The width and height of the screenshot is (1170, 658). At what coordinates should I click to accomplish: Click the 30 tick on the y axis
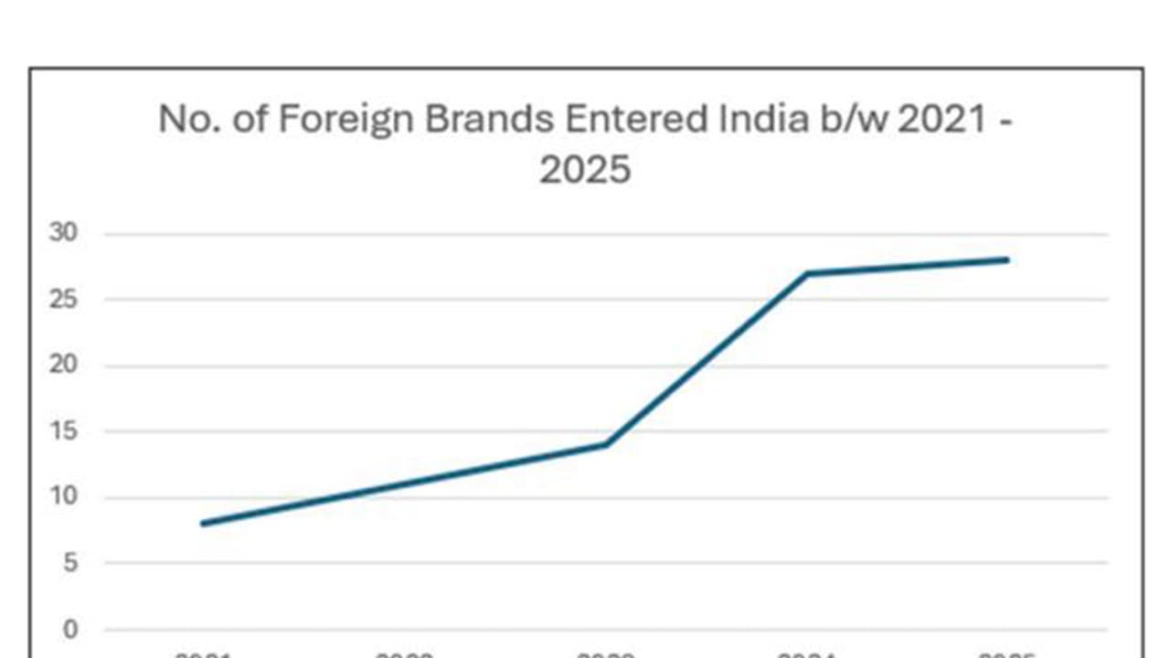(63, 233)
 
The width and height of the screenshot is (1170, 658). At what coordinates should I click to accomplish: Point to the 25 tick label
(63, 299)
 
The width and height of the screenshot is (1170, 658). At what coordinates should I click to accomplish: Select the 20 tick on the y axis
(63, 366)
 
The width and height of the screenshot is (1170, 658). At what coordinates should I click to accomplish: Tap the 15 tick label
(63, 431)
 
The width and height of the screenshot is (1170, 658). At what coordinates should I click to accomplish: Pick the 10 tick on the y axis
(63, 497)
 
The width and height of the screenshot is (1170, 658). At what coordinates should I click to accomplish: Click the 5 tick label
(69, 563)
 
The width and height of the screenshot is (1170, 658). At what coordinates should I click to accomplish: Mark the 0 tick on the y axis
(69, 630)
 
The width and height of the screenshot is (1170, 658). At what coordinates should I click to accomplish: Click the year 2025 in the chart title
(584, 170)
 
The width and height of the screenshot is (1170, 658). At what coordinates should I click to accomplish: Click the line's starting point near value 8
(202, 524)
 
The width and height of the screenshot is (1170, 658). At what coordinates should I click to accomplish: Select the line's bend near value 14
(606, 444)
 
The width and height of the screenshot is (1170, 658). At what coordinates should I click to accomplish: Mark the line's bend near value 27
(807, 273)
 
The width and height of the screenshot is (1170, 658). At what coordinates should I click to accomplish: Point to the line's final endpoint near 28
(1007, 260)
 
